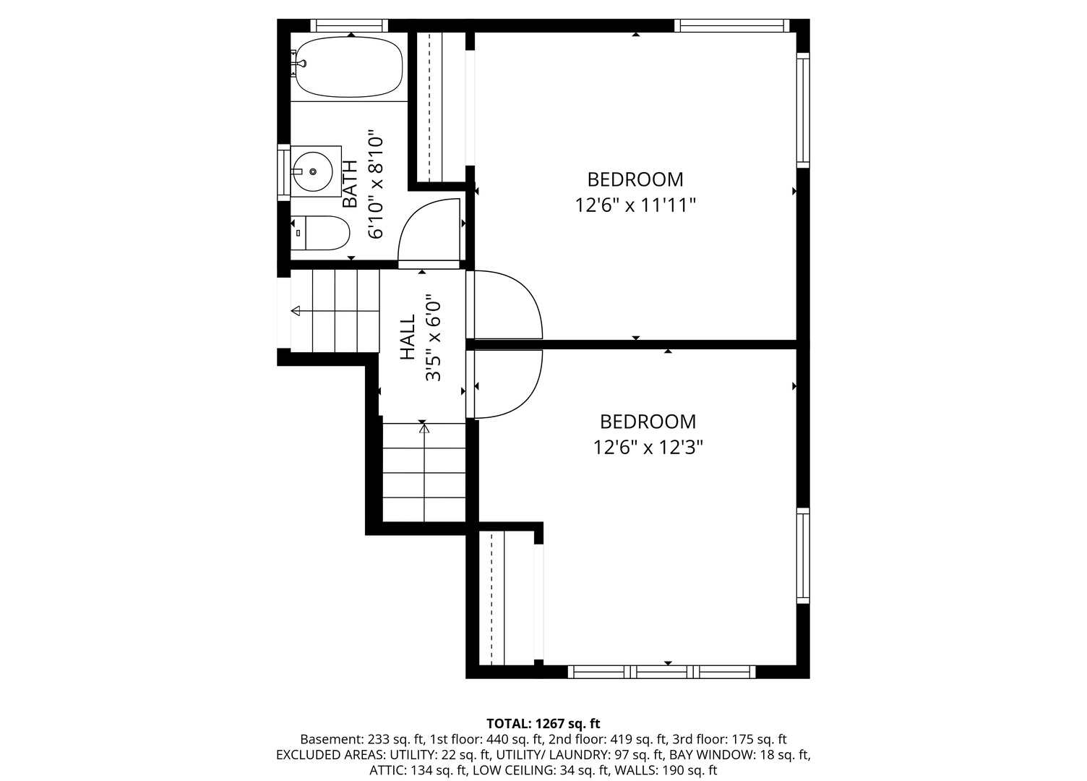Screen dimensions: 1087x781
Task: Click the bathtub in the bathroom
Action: click(x=349, y=67)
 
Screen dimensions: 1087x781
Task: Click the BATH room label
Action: click(x=350, y=184)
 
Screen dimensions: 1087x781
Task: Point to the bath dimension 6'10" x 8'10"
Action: click(x=376, y=184)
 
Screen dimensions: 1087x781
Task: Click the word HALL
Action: click(x=408, y=338)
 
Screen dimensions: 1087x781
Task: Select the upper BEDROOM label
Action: click(x=635, y=179)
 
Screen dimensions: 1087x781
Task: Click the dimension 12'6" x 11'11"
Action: click(x=635, y=205)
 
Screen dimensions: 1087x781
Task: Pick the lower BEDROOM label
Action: click(x=648, y=422)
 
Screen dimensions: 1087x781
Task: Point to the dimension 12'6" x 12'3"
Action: click(x=648, y=448)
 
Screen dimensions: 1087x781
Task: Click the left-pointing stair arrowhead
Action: click(x=296, y=311)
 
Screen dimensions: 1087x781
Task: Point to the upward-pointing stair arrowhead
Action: click(x=425, y=428)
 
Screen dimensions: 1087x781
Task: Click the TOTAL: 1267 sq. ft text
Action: click(x=543, y=724)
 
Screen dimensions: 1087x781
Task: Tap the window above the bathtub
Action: click(x=349, y=25)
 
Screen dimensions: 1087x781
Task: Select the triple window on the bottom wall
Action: click(x=662, y=672)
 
